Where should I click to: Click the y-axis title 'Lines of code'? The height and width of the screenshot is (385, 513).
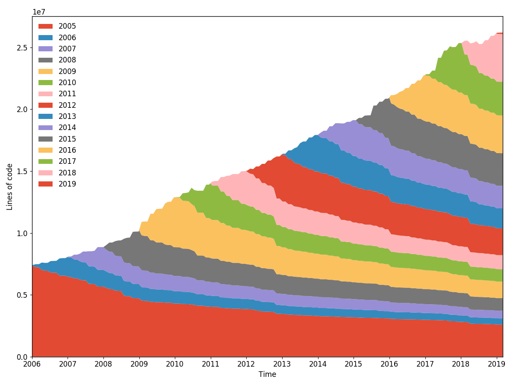(x=9, y=187)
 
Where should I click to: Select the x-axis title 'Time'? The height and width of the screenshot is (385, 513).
(x=267, y=374)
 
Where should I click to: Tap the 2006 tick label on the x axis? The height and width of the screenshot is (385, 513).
(x=32, y=364)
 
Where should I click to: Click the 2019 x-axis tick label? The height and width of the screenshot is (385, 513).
(x=496, y=364)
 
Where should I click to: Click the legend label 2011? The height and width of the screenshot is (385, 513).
(x=67, y=94)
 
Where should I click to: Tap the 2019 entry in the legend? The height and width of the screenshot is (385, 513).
(x=67, y=184)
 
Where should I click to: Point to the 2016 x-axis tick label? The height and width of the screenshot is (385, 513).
(x=389, y=364)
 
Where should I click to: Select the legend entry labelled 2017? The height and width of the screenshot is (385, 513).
(x=67, y=161)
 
